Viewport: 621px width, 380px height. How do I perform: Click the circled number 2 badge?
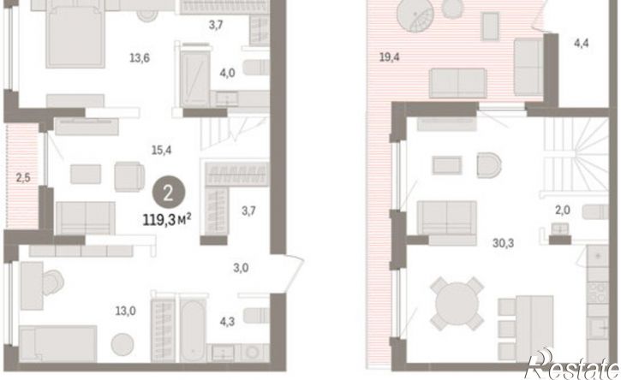pyautogui.click(x=169, y=193)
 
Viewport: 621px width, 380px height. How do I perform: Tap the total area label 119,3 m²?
pyautogui.click(x=168, y=219)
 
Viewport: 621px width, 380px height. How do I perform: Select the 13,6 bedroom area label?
pyautogui.click(x=140, y=58)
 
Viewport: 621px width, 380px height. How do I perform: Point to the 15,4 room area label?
pyautogui.click(x=162, y=150)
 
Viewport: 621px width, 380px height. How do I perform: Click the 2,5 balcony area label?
pyautogui.click(x=23, y=178)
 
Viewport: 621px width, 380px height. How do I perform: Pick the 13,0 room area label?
pyautogui.click(x=126, y=312)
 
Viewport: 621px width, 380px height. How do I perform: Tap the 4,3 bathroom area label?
pyautogui.click(x=227, y=322)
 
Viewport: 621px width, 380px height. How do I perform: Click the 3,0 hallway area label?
pyautogui.click(x=241, y=268)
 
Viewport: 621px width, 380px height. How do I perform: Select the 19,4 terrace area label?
pyautogui.click(x=390, y=57)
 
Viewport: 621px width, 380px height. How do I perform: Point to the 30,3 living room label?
pyautogui.click(x=503, y=243)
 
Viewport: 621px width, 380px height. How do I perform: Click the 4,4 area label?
pyautogui.click(x=581, y=43)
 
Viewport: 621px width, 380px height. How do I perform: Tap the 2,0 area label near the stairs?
pyautogui.click(x=563, y=211)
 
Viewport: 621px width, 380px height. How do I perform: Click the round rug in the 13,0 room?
pyautogui.click(x=122, y=344)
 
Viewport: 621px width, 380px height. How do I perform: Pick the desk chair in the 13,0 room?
pyautogui.click(x=53, y=282)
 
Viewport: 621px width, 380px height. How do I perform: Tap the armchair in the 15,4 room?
pyautogui.click(x=129, y=176)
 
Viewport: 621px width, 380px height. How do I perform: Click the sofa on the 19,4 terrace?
pyautogui.click(x=457, y=83)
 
